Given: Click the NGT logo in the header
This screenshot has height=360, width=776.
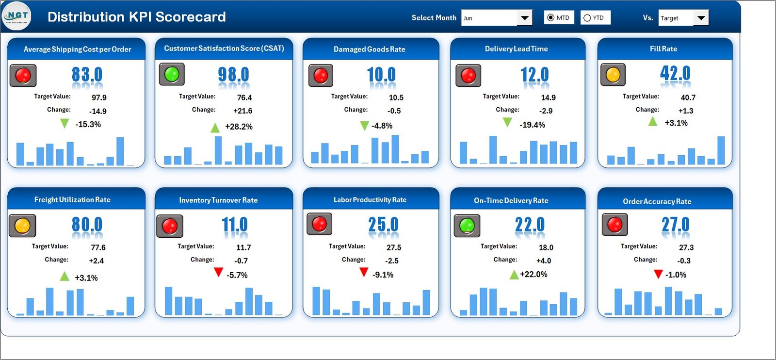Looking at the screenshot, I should [17, 16].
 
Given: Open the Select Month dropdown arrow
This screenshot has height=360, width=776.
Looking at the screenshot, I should [524, 18].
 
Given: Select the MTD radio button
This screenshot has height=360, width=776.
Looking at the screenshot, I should [550, 18].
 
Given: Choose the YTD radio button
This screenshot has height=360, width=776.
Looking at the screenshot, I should [587, 18].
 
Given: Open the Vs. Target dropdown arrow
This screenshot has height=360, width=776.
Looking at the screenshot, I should [701, 18].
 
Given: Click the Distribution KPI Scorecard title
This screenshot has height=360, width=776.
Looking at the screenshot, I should [136, 17].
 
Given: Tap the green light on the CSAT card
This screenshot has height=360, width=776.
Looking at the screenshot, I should [172, 74].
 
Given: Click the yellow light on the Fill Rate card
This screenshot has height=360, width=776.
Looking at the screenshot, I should [613, 75].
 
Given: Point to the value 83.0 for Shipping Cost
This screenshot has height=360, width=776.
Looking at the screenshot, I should [87, 75].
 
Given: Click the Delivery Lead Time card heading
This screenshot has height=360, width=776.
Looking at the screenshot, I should [516, 49].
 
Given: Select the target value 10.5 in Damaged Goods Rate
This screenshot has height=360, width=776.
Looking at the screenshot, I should [396, 98].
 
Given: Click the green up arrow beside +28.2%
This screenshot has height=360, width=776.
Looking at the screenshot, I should [215, 128].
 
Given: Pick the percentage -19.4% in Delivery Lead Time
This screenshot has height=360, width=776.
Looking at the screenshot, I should [532, 125].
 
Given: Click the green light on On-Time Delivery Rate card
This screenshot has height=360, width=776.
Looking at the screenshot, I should [467, 225].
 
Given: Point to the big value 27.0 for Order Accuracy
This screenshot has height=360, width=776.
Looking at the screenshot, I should [675, 225].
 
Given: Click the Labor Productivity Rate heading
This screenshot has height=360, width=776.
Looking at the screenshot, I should [370, 200].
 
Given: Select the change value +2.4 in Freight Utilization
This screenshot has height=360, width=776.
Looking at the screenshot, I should [96, 261].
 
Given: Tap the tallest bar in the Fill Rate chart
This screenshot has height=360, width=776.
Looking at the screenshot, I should [721, 150].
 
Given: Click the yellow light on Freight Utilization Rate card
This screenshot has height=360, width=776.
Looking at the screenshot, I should [22, 226].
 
